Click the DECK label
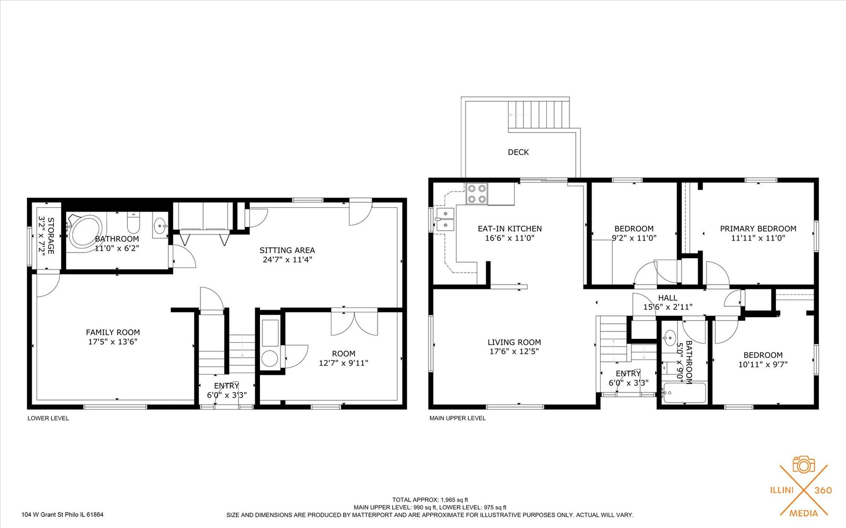(x=518, y=152)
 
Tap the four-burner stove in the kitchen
(x=476, y=193)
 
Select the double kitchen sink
(x=445, y=220)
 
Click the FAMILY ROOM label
(x=113, y=332)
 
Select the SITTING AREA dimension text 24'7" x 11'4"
(x=287, y=260)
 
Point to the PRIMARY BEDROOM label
(x=758, y=229)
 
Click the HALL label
(x=667, y=298)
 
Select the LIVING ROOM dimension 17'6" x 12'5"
(x=514, y=351)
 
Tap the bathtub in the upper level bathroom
(x=684, y=393)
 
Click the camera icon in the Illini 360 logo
(x=803, y=465)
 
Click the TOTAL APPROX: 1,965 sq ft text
(x=430, y=500)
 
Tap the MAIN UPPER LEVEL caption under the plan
(x=457, y=418)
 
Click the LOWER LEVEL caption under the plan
(x=48, y=418)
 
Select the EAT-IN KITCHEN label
(x=510, y=229)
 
